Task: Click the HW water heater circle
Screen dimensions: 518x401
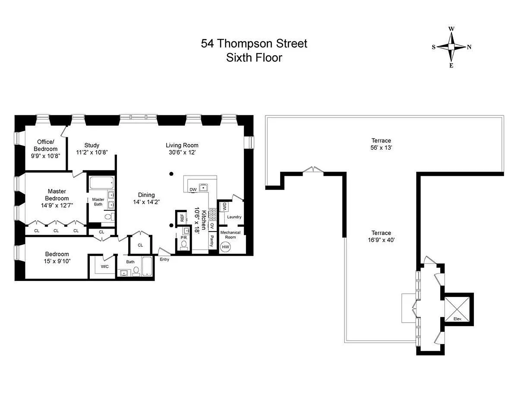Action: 225,247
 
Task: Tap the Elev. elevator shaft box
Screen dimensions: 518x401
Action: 458,309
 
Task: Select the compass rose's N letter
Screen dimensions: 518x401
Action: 469,47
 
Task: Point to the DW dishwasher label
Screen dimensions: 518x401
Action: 193,190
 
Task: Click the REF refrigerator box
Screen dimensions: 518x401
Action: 182,217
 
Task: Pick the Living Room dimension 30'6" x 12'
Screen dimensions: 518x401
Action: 182,153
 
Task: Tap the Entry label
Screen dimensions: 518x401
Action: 164,259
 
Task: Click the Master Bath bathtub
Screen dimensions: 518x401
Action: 101,183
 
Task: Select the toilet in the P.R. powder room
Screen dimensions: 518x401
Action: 184,245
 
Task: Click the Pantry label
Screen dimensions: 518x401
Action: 212,241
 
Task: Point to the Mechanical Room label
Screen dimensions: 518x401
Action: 230,235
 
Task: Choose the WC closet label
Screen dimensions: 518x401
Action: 104,267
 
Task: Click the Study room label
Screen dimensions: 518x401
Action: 92,145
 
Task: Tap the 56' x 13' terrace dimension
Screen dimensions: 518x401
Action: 381,148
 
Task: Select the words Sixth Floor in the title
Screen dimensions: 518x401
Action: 254,58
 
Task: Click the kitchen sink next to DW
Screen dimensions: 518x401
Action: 203,188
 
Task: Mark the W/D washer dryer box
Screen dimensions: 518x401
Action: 224,207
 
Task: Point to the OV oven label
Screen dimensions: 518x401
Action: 212,226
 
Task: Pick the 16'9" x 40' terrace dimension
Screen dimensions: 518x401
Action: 381,240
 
